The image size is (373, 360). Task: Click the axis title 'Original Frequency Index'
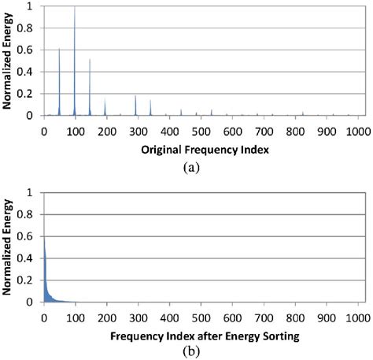[x=201, y=149]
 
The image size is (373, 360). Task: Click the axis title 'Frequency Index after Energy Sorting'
[x=201, y=335]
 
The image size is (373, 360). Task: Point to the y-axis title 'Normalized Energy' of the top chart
[x=7, y=61]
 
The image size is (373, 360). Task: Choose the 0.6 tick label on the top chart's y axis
[x=29, y=50]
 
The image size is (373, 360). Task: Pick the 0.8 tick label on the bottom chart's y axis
[x=29, y=214]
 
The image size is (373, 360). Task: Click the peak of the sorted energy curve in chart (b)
[x=44, y=238]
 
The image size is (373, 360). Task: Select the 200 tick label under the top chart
[x=105, y=131]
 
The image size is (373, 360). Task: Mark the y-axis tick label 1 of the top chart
[x=32, y=6]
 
